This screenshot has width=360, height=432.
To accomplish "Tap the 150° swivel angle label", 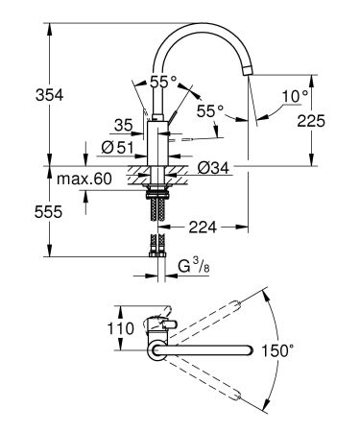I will [302, 351].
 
